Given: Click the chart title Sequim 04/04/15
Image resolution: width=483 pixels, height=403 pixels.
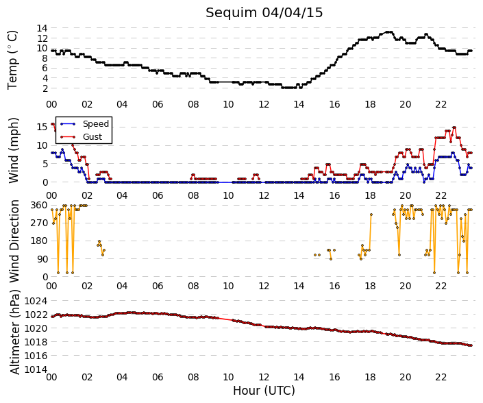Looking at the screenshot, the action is coord(264,13).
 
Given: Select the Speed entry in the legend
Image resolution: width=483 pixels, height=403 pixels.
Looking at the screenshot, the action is coord(96,124).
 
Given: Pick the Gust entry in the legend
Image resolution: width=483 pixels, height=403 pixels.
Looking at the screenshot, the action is coord(92,137).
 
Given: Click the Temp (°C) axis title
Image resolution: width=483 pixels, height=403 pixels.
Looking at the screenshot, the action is coord(12,60).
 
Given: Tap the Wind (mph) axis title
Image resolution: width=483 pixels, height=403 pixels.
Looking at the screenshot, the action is coord(13,150).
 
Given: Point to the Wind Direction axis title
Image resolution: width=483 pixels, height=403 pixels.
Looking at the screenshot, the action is coord(14,241).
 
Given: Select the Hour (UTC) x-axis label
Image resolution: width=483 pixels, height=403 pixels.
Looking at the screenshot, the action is coord(264,391).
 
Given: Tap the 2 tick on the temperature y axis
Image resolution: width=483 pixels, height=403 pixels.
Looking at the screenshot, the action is coord(45,88).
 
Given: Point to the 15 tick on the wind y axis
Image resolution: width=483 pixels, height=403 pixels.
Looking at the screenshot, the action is coord(42,127).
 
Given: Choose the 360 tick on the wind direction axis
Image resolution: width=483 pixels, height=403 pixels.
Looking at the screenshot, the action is coord(39,205).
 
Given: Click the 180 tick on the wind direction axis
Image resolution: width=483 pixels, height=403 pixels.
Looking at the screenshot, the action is coord(39,241).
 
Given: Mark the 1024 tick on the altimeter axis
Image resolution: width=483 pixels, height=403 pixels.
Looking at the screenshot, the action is coord(36,301).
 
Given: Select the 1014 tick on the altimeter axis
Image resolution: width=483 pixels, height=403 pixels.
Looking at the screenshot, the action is coord(36,369).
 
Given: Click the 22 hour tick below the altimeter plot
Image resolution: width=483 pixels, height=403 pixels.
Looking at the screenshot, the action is coord(441,377).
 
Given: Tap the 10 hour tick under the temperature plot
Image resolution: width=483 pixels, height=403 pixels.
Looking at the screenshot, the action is coord(228,104).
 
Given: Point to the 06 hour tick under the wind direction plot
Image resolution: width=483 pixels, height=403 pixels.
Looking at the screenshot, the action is coord(158,286).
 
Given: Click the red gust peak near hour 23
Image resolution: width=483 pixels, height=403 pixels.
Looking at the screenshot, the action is coord(454,127).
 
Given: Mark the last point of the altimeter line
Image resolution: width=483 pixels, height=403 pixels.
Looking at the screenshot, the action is coord(471,345).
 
